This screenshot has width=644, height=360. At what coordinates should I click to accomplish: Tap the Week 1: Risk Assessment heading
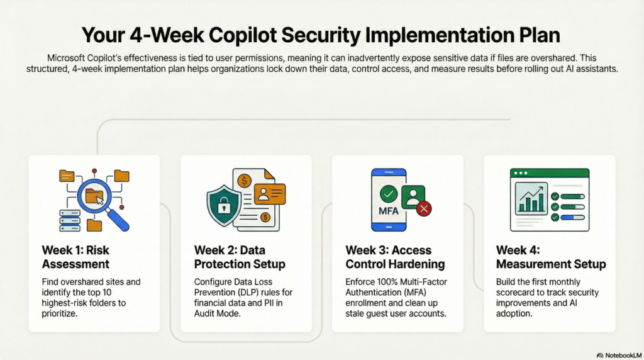point(75,257)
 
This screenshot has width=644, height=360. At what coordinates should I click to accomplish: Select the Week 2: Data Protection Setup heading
point(240,257)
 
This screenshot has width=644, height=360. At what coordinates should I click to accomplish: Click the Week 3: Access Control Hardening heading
point(395,257)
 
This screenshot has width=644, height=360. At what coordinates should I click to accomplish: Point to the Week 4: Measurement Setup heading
point(551,257)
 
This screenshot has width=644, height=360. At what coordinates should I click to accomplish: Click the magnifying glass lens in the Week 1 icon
point(94,196)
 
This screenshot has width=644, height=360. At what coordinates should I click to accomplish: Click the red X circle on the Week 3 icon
point(424,209)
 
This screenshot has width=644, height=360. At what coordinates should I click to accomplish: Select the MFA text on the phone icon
point(388,211)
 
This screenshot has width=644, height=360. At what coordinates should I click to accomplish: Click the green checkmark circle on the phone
point(389,194)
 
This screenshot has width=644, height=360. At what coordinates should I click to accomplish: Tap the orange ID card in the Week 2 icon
point(270,194)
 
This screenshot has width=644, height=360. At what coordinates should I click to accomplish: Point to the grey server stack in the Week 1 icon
point(70,221)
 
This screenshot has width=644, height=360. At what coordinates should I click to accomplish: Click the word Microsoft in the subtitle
point(65,58)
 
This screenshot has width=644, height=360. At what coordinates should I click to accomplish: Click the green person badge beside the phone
point(413,197)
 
